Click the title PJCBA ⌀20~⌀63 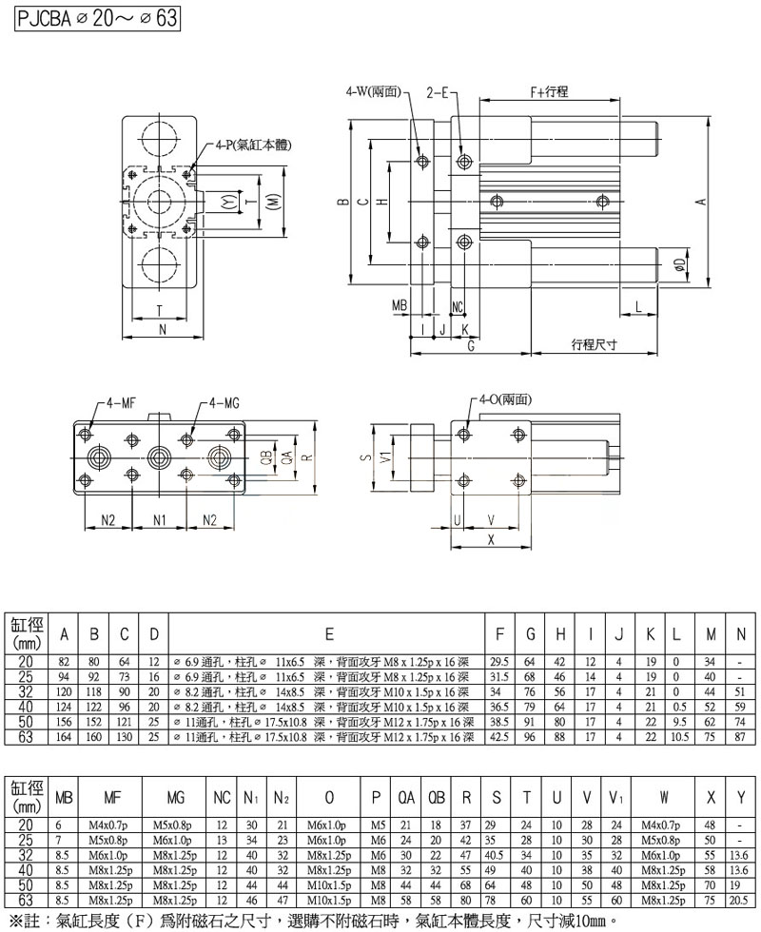pos(91,20)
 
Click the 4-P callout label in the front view pos(252,145)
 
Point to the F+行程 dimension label pos(549,91)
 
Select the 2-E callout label pos(442,92)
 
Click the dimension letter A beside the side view pos(699,201)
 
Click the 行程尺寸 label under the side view pos(595,343)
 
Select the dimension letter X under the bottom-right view pos(491,538)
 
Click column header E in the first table pos(328,634)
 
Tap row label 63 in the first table pos(26,736)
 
